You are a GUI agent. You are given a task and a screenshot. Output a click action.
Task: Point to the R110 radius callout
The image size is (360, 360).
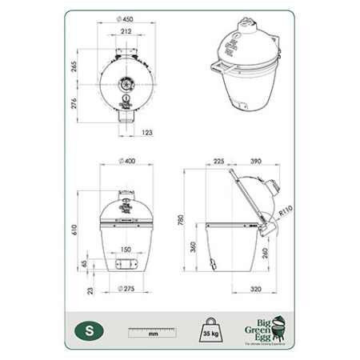tap(286, 212)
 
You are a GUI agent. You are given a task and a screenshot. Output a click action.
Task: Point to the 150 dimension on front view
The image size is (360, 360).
tap(125, 250)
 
